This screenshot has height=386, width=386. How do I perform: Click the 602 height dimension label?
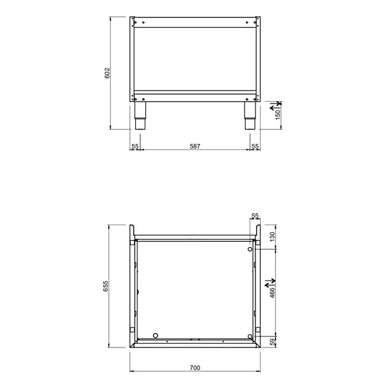pyautogui.click(x=108, y=73)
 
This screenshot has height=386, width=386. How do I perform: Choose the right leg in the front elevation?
pyautogui.click(x=249, y=116)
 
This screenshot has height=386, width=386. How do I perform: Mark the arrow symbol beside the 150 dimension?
pyautogui.click(x=273, y=103)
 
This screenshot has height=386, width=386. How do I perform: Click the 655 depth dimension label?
pyautogui.click(x=108, y=286)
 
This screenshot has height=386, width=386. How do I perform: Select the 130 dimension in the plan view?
pyautogui.click(x=272, y=237)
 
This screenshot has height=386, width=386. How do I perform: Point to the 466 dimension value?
pyautogui.click(x=272, y=293)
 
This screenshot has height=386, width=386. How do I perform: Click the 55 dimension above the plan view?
pyautogui.click(x=255, y=216)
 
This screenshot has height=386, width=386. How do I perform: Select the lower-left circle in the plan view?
pyautogui.click(x=156, y=335)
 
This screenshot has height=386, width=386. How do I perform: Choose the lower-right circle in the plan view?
pyautogui.click(x=251, y=336)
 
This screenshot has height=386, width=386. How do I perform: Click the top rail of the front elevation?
pyautogui.click(x=195, y=24)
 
